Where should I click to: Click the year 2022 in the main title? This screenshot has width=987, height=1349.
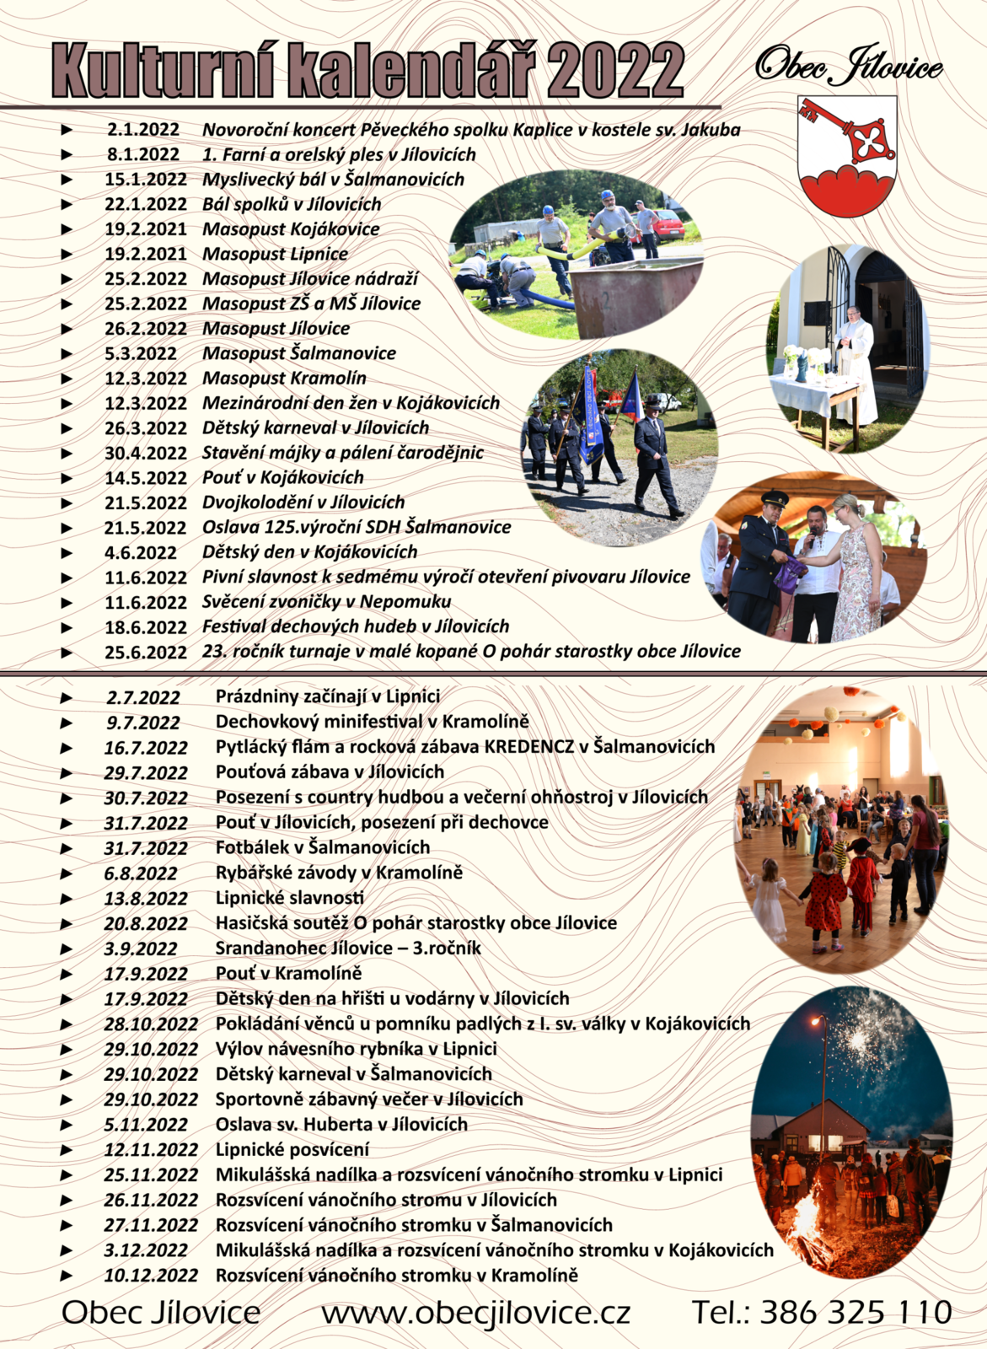pos(619,70)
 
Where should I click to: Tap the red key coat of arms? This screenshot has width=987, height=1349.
pos(847,156)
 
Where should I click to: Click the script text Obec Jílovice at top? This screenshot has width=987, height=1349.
pos(849,66)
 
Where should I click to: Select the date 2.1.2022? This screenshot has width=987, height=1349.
pos(143,130)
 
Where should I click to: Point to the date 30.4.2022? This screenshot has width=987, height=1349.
pos(146,454)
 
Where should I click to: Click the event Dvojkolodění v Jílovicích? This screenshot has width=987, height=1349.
pos(303,503)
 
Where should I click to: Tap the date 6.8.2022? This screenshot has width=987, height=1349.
pos(141,873)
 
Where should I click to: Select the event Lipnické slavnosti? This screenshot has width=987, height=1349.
pos(290,898)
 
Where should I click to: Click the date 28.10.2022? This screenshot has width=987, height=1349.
pos(151,1024)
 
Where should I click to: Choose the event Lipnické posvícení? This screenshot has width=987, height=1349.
pos(292,1150)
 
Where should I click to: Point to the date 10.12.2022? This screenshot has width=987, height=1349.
pos(151,1276)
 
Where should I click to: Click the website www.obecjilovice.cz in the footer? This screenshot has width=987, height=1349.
pos(476,1313)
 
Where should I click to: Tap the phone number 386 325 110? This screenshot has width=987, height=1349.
pos(856,1313)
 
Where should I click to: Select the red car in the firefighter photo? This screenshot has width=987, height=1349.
pos(667,225)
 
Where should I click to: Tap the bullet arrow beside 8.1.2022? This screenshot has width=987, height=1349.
pos(67,154)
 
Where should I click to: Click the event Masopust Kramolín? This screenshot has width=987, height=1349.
pos(284,379)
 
